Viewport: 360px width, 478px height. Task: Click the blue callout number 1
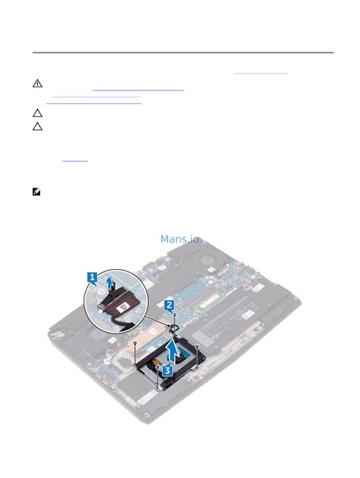click(x=92, y=277)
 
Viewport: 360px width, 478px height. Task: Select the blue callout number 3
click(x=167, y=369)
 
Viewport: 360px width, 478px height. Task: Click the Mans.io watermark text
click(x=180, y=239)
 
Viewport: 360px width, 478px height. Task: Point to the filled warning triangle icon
click(x=37, y=84)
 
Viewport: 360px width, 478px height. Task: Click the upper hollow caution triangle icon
click(x=37, y=112)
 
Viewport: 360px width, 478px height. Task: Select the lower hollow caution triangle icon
click(x=37, y=125)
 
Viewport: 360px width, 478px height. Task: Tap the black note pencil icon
click(x=36, y=192)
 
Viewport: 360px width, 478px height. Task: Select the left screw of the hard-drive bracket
click(x=134, y=344)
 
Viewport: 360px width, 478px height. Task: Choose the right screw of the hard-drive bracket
click(x=197, y=347)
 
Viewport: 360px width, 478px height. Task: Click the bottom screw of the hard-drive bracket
click(x=158, y=386)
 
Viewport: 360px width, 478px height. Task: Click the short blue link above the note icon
click(x=74, y=160)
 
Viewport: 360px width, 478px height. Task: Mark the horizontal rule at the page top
click(x=182, y=52)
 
